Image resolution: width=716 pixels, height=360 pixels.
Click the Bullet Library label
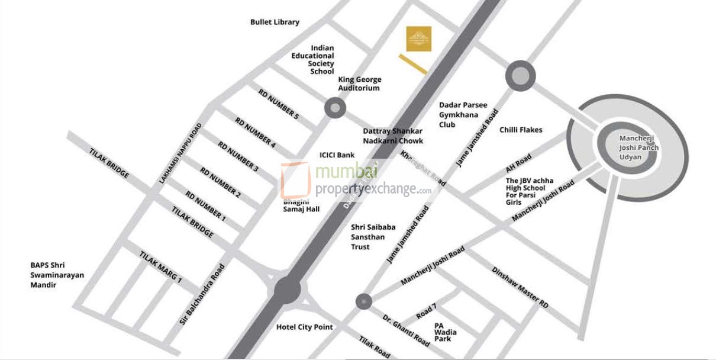[x=275, y=22]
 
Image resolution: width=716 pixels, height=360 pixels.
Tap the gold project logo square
[x=418, y=38]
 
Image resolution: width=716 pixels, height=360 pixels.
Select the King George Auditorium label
[x=359, y=83]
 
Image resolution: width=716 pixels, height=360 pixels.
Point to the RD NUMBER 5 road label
[x=278, y=104]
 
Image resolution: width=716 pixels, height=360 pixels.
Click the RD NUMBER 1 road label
[x=206, y=206]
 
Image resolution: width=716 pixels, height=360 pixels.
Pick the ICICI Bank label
[x=337, y=155]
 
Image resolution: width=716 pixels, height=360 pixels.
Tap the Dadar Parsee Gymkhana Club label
[x=463, y=115]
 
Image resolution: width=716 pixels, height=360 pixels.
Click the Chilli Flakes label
[x=521, y=130]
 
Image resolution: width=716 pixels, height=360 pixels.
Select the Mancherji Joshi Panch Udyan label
[x=638, y=147]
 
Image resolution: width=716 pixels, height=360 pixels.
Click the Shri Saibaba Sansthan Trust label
[x=368, y=236]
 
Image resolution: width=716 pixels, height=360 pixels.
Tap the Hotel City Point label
[x=305, y=327]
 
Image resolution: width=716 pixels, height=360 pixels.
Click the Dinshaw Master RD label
[x=520, y=287]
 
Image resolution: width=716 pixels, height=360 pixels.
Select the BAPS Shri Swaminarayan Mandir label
[x=57, y=275]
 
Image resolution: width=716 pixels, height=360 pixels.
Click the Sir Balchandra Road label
[x=202, y=294]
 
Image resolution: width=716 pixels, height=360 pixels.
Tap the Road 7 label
[x=426, y=311]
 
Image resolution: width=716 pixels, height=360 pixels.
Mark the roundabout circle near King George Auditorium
[x=335, y=108]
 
